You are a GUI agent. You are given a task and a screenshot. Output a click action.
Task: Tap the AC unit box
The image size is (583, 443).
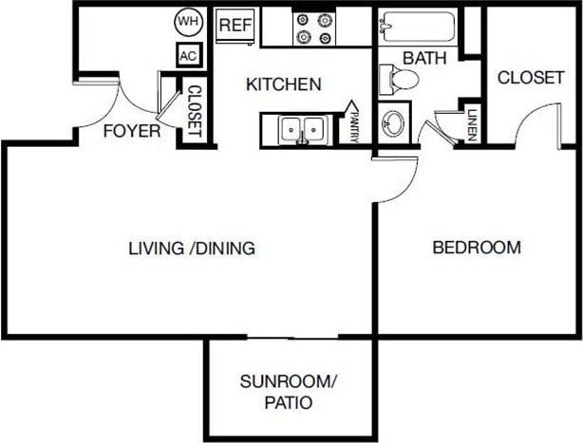(x=187, y=55)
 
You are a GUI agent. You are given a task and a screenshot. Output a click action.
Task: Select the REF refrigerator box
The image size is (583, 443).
(x=235, y=26)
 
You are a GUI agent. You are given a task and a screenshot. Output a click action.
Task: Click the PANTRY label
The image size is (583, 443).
(x=353, y=123)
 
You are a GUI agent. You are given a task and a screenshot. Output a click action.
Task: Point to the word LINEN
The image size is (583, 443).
(x=472, y=123)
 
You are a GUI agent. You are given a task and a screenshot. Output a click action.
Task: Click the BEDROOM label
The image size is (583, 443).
(x=477, y=248)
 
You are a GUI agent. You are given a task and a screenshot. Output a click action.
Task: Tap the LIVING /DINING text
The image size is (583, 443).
(x=192, y=249)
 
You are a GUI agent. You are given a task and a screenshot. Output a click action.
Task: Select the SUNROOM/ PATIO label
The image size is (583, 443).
(x=289, y=392)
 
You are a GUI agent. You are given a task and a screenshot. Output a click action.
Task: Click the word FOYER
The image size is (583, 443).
(x=131, y=131)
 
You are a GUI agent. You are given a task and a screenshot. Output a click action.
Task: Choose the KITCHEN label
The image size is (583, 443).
(x=283, y=84)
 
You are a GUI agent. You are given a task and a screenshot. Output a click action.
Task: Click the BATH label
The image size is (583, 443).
(x=424, y=58)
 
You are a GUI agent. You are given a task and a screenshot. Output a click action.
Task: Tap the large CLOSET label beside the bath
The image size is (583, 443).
(x=531, y=78)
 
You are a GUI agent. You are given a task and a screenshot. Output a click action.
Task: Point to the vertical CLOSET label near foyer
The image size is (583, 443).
(x=195, y=112)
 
